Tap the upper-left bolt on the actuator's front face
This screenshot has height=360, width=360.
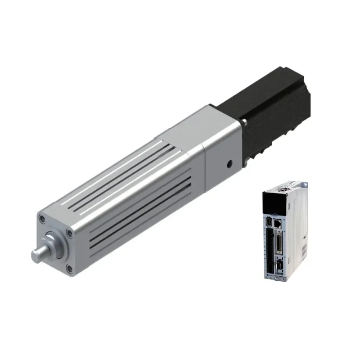tap(42, 219)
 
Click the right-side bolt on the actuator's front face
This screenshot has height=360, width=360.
tap(69, 233)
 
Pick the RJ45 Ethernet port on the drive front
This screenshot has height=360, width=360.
tap(279, 222)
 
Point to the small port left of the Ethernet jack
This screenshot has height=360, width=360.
tap(269, 222)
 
